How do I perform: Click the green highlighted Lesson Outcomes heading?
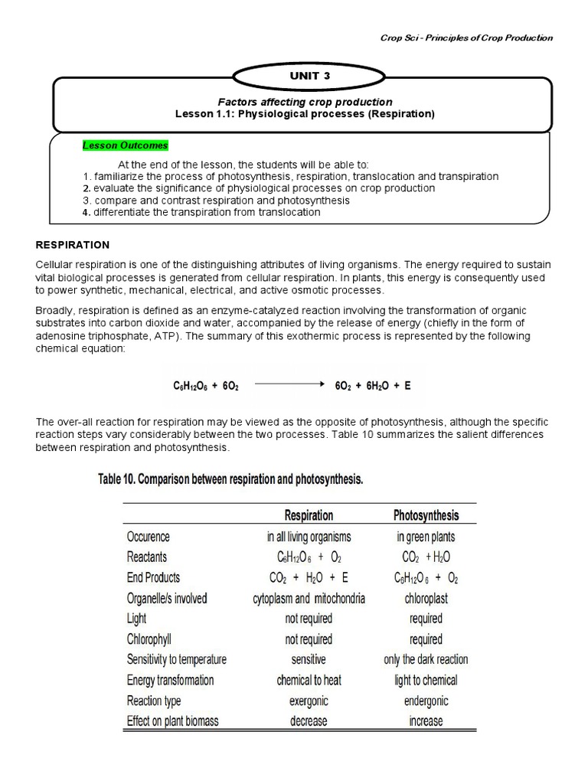(125, 145)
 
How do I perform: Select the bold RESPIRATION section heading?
(73, 245)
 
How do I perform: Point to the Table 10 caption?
(230, 480)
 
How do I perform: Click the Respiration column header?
(309, 515)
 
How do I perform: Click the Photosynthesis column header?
(426, 515)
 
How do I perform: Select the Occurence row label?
(149, 537)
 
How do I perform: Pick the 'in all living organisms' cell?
(309, 537)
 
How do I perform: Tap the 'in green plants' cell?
(426, 537)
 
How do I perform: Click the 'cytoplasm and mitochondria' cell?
(309, 598)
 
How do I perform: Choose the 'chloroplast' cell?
(426, 598)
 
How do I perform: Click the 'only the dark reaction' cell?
(426, 659)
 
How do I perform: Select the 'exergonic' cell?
(309, 701)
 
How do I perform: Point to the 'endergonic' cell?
(426, 701)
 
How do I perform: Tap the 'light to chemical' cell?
(426, 680)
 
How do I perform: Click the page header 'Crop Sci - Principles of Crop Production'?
(467, 38)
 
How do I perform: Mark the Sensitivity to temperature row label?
(176, 659)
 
